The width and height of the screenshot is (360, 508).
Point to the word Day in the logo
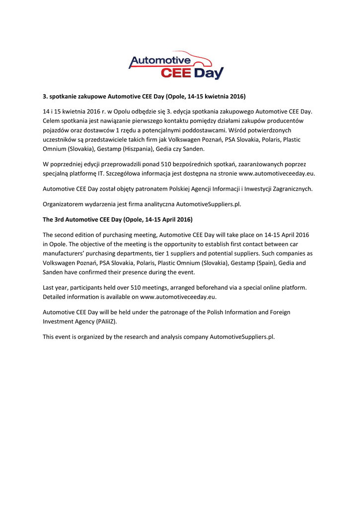pyautogui.click(x=208, y=74)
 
